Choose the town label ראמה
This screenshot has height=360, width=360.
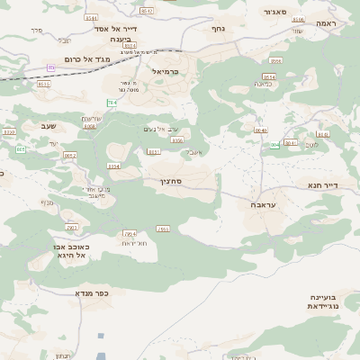(325, 22)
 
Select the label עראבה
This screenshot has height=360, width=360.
(258, 205)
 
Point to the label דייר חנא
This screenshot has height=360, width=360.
(320, 187)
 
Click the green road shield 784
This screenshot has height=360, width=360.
(112, 103)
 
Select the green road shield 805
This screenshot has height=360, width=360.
(20, 148)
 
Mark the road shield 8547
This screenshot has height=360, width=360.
(147, 11)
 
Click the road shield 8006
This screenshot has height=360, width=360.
(176, 140)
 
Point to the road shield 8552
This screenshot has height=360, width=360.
(70, 156)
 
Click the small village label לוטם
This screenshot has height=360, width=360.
(311, 145)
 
